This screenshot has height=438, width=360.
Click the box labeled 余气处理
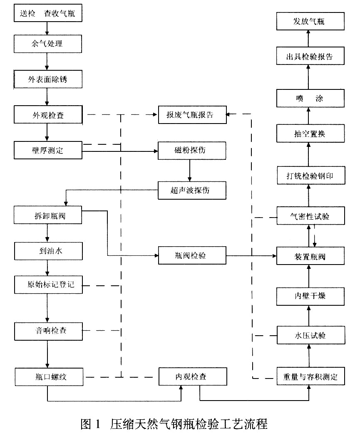coord(47,43)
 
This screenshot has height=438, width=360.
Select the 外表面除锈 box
coord(47,79)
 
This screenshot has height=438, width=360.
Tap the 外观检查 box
coord(47,114)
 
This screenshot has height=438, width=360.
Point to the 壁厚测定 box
coord(47,150)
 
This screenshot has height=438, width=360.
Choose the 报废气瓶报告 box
coord(192,115)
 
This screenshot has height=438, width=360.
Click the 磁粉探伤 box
coord(192,150)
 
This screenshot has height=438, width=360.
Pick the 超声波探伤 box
coord(192,191)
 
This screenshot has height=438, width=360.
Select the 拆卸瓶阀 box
coord(47,215)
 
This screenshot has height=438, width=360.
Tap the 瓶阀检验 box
coord(192,255)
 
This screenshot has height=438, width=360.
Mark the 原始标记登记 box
coord(47,285)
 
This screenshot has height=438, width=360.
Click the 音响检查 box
coord(47,331)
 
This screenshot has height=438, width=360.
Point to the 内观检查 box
coord(192,377)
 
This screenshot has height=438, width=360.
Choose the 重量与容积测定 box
coord(310,377)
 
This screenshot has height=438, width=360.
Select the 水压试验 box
coord(310,334)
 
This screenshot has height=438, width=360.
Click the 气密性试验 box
coord(310,216)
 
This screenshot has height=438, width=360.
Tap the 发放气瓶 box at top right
coord(310,21)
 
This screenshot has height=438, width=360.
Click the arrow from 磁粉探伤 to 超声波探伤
coord(190,171)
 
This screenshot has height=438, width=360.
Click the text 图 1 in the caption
coord(90,425)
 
